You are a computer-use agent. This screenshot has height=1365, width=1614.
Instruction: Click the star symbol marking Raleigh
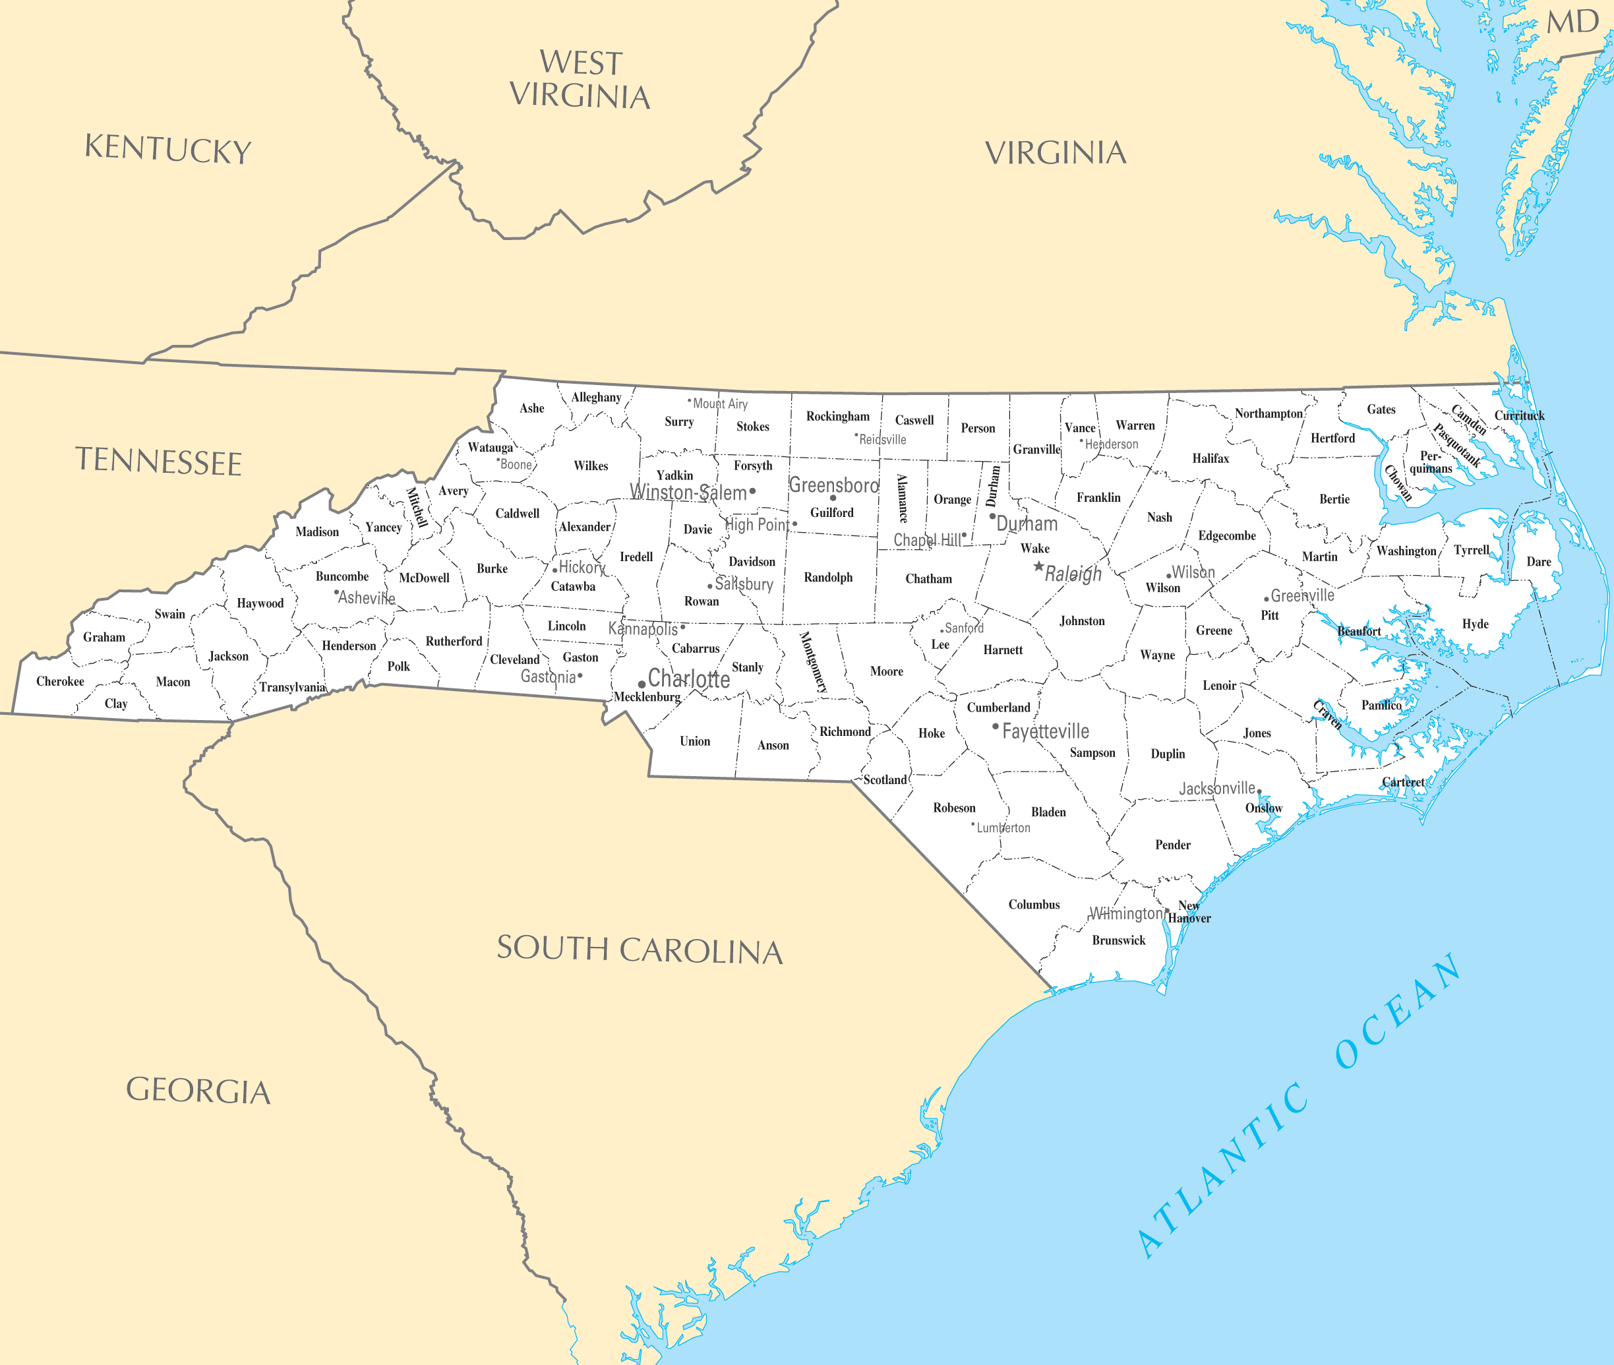[x=1038, y=566]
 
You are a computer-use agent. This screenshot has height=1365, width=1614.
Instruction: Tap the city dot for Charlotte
[x=642, y=684]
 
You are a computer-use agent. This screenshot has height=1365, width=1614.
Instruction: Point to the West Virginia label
[x=580, y=79]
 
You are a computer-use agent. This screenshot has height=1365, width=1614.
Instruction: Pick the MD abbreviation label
[x=1572, y=22]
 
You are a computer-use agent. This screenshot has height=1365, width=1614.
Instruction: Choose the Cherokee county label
[x=61, y=682]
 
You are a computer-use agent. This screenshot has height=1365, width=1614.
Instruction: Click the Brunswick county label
[x=1118, y=940]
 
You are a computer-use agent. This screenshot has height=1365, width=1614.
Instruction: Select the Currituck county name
[x=1519, y=415]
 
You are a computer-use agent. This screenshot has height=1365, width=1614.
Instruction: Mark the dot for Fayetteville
[x=995, y=726]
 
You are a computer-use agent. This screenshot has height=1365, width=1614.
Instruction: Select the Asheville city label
[x=366, y=598]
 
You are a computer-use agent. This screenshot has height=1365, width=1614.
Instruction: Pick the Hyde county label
[x=1475, y=624]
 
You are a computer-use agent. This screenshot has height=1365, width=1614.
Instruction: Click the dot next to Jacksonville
[x=1259, y=791]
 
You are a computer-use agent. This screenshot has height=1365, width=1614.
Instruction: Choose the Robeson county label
[x=954, y=808]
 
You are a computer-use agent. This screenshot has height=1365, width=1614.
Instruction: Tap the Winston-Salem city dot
[x=752, y=491]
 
